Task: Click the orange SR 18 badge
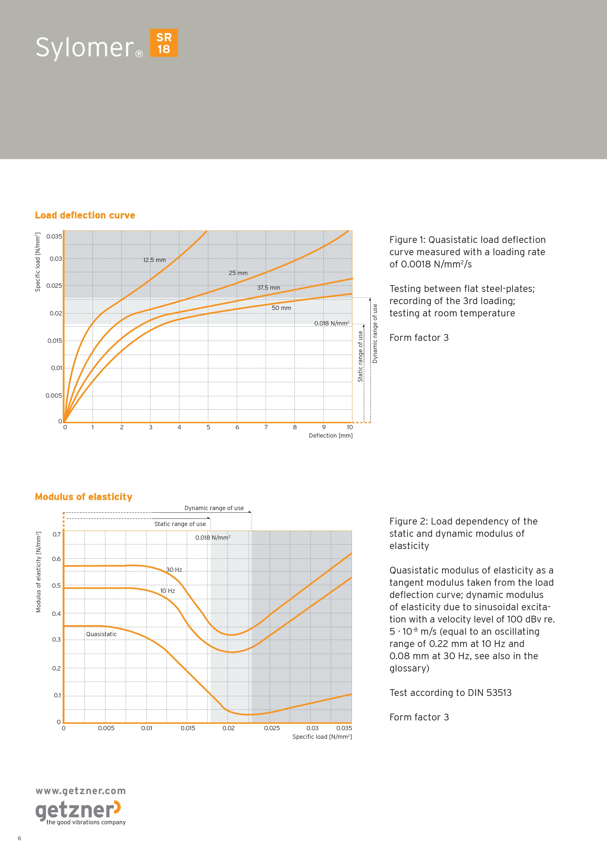pos(164,43)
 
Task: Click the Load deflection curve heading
pos(85,215)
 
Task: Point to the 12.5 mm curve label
pos(154,260)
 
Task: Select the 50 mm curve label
pos(281,308)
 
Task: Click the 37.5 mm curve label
pos(268,288)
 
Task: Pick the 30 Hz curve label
pos(174,570)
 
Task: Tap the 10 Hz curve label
pos(168,591)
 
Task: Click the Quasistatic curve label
pos(101,634)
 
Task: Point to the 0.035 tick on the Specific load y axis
pos(54,237)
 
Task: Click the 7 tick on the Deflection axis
pos(266,427)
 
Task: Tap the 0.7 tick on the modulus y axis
pos(57,534)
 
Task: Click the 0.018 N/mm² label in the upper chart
pos(332,323)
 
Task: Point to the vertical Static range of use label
pos(361,356)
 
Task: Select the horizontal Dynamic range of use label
pos(214,508)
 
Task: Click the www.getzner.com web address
pos(81,791)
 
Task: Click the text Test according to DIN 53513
pos(450,693)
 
